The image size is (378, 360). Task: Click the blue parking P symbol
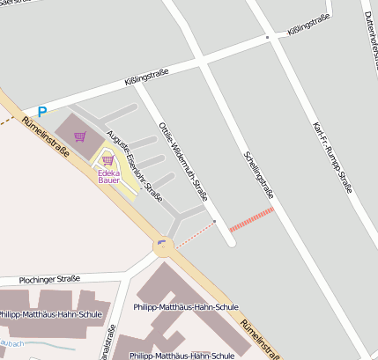[41, 112]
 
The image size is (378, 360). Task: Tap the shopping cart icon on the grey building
[80, 136]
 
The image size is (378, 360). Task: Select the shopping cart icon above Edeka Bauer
[107, 160]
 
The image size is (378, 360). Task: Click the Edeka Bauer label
[108, 176]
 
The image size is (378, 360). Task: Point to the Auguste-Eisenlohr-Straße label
[135, 165]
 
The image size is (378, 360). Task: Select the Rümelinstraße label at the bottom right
[261, 338]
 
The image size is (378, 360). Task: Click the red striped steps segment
[252, 219]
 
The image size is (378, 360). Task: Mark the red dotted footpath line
[194, 233]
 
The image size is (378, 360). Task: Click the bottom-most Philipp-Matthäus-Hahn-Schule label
[182, 355]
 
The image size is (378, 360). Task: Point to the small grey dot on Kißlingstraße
[267, 38]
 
